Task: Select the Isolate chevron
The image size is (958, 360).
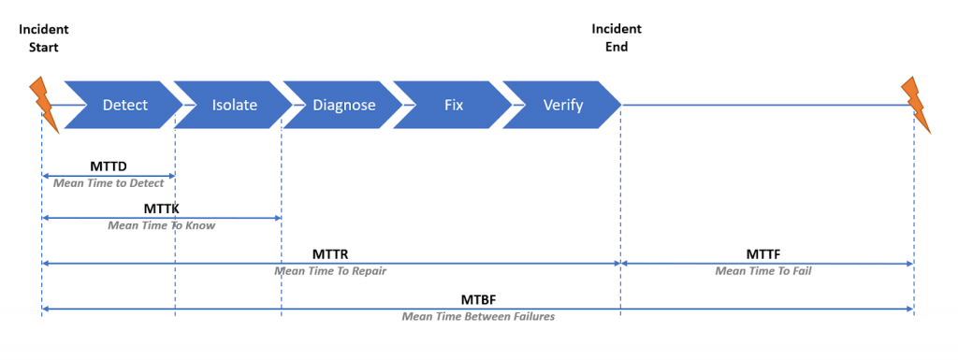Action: (233, 105)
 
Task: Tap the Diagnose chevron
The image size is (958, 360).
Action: (343, 105)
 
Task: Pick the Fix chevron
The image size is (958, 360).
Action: (453, 105)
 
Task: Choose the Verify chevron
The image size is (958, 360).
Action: (562, 105)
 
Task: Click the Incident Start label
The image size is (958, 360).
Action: (43, 37)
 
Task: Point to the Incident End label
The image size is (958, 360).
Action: (617, 37)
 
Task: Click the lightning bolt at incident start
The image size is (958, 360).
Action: (45, 105)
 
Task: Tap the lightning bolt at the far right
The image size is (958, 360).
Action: (916, 105)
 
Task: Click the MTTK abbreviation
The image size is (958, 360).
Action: (161, 209)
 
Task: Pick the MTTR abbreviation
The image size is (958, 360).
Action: (330, 253)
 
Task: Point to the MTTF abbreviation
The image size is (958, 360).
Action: (763, 253)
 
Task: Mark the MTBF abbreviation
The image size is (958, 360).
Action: (478, 300)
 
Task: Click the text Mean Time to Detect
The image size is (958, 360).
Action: (109, 183)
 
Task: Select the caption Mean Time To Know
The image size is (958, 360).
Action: (162, 225)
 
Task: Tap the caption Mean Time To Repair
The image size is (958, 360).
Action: (330, 271)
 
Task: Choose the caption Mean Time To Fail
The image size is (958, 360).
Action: (763, 271)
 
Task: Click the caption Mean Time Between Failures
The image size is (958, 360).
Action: (478, 317)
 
